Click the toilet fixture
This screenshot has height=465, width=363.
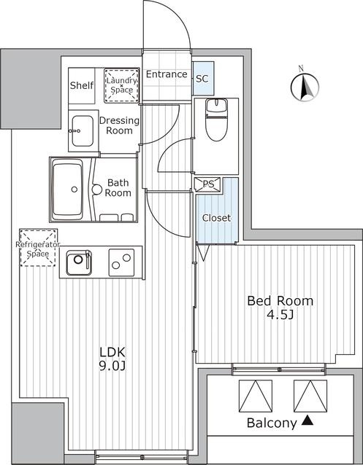click(x=216, y=120)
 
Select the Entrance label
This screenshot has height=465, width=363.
click(x=167, y=74)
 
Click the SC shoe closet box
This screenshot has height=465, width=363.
click(x=203, y=78)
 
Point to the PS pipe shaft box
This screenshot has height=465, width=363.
click(x=208, y=184)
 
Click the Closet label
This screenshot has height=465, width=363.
click(x=216, y=218)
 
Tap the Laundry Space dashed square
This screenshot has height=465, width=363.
click(x=122, y=85)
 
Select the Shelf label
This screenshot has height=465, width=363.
click(x=82, y=85)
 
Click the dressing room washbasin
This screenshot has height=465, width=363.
click(x=82, y=130)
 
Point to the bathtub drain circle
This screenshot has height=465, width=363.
click(x=74, y=189)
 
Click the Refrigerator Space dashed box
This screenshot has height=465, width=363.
click(x=39, y=248)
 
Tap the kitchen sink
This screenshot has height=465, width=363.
click(x=79, y=262)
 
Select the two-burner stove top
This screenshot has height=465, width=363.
click(x=121, y=262)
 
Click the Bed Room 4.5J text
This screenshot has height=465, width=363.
click(x=280, y=308)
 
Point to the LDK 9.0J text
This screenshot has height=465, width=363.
click(x=112, y=359)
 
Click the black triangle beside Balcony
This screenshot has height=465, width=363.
click(x=307, y=421)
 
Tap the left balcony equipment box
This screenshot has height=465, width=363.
click(x=256, y=396)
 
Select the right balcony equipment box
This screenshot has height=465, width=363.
click(x=310, y=396)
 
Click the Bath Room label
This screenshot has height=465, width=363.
click(x=118, y=188)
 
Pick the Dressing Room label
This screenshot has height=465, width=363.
click(x=119, y=125)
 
